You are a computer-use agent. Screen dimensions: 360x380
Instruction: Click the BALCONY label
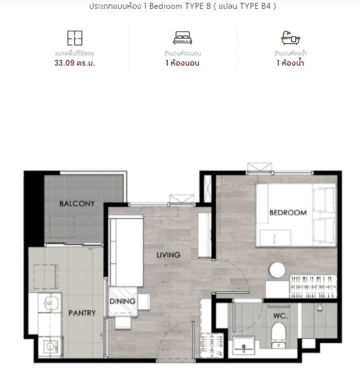[x=77, y=203]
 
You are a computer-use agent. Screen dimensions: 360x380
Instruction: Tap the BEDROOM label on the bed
[x=288, y=213]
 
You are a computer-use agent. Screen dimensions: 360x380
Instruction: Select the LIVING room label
[x=169, y=255]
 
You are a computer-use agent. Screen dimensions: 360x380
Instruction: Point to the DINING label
[x=123, y=301]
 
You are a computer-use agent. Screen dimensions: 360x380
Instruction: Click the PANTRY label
[x=82, y=313]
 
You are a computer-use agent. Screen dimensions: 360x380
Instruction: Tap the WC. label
[x=280, y=316]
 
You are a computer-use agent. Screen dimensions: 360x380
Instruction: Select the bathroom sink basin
[x=244, y=345]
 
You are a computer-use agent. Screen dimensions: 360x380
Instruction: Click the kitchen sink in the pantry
[x=50, y=303]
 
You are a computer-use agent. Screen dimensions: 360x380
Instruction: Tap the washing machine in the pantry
[x=51, y=347]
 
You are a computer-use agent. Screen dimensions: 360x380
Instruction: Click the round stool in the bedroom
[x=277, y=270]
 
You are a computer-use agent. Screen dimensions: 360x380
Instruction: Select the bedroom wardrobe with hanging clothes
[x=313, y=286]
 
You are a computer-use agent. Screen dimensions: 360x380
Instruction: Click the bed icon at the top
[x=182, y=38]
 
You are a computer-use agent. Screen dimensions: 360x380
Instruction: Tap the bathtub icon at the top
[x=290, y=38]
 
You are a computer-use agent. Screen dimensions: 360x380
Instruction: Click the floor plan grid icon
[x=75, y=38]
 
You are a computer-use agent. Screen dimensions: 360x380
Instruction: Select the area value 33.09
[x=64, y=63]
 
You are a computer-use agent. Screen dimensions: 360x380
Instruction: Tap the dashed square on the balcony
[x=62, y=227]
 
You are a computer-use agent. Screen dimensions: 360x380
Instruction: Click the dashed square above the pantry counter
[x=46, y=277]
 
